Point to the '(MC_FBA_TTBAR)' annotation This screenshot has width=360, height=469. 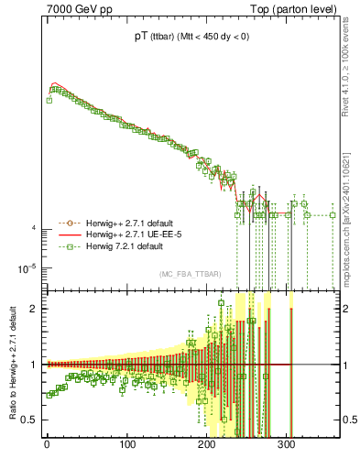[189, 275]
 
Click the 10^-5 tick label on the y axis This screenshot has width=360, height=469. [26, 268]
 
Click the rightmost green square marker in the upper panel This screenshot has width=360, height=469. [333, 215]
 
